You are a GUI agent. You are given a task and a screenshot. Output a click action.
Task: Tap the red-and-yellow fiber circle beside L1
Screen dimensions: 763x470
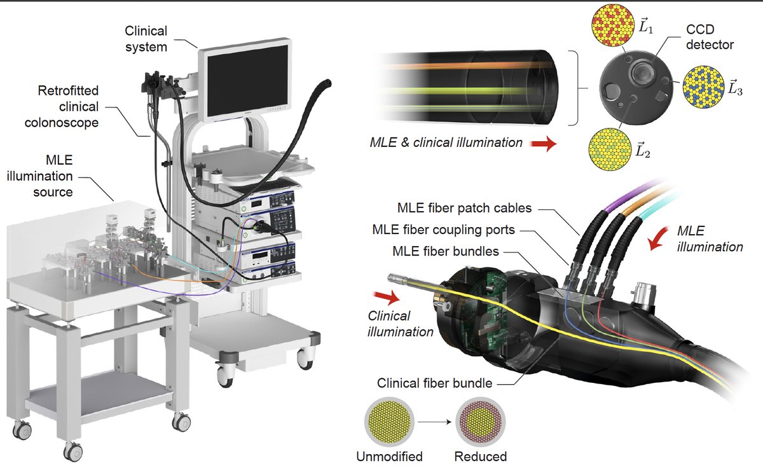(613, 25)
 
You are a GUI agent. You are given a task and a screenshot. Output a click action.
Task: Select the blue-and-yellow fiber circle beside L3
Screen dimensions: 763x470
(703, 87)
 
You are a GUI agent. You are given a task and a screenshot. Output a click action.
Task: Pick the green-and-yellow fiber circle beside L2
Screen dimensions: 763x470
(610, 149)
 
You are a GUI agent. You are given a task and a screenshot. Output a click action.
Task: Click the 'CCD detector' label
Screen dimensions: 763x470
(710, 37)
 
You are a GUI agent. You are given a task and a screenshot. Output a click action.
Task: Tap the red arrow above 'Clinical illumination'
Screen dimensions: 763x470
(387, 297)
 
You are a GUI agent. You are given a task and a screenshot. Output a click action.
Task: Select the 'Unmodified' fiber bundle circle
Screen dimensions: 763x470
(389, 422)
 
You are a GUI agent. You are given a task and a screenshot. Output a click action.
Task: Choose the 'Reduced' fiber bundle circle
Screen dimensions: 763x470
(480, 422)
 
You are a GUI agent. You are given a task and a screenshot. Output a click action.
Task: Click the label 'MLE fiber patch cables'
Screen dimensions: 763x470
(464, 208)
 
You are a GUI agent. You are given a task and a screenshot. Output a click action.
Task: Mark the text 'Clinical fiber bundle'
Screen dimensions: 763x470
(434, 383)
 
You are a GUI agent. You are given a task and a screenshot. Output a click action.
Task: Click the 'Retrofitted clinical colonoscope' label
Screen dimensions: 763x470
(62, 107)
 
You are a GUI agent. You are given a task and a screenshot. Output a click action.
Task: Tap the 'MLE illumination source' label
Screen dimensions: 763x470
(40, 176)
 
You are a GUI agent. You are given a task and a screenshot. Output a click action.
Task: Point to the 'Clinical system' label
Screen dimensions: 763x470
(146, 39)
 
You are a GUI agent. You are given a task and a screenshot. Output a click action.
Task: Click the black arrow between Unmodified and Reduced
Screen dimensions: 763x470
(435, 422)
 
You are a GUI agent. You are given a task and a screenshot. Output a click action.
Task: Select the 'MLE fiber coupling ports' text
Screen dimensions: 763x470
(444, 230)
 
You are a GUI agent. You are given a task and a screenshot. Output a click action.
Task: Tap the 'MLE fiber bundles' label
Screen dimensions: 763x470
(446, 251)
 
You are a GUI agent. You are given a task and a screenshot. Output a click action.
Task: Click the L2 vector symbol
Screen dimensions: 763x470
(643, 150)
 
